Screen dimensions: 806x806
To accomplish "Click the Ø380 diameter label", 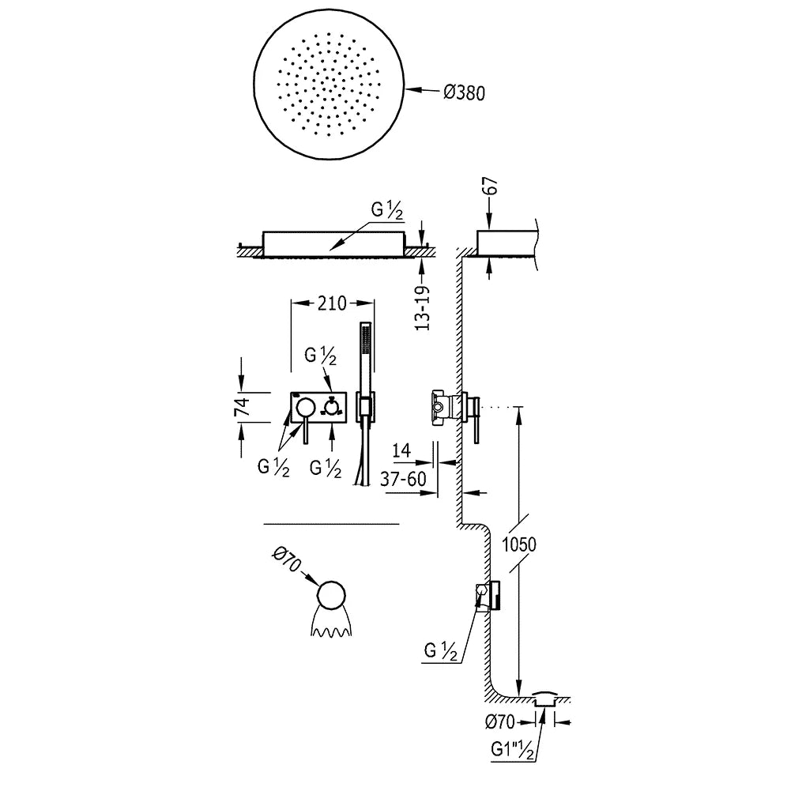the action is coord(464,92).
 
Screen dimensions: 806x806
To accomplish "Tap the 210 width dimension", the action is coord(332,303).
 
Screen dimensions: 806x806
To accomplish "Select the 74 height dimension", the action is coord(242,407).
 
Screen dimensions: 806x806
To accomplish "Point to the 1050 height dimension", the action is coord(518,544).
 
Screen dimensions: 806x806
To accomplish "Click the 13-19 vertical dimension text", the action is coord(423,308).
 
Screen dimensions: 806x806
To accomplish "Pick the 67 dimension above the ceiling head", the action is coord(491,186).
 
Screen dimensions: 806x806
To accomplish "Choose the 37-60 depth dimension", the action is coord(404,479).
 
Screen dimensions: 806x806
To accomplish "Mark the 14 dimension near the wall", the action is coord(401,450).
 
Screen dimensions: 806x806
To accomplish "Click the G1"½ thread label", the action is coord(513,750).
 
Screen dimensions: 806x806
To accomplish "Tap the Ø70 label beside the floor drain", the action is coord(499,721).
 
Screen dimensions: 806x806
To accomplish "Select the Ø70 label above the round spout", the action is coord(286,559).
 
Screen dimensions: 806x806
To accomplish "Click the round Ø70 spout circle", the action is coord(332,597).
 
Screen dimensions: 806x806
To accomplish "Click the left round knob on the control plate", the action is coord(306,406).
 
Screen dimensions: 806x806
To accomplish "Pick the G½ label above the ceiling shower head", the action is coord(387,210).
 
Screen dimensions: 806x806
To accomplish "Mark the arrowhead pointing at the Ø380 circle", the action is coord(412,90).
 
